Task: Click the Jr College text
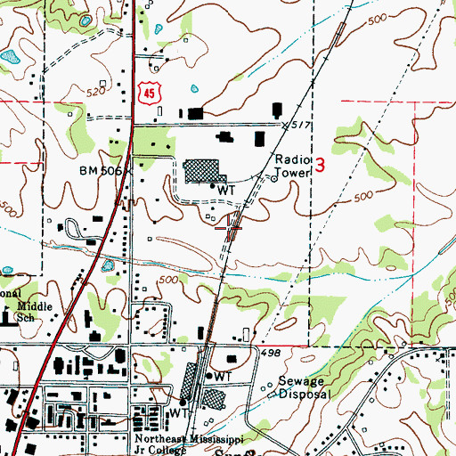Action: pyautogui.click(x=161, y=451)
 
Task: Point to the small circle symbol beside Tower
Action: pyautogui.click(x=273, y=175)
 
